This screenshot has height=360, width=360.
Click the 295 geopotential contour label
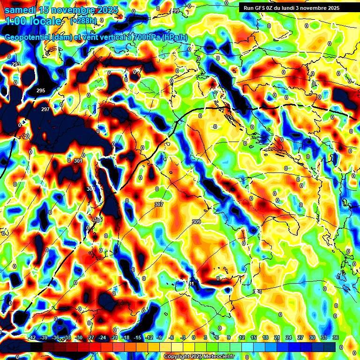41,90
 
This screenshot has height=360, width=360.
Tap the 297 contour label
45,109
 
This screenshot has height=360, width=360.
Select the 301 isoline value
78,161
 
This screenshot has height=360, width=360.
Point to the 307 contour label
158,205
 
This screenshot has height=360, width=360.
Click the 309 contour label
196,222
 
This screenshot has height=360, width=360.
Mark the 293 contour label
16,64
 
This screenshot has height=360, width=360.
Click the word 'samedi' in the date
21,10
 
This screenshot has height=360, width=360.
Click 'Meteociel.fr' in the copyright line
218,357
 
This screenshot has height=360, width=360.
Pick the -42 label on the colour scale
31,338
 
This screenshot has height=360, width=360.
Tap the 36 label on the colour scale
335,338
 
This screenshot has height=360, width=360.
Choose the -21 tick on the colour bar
113,338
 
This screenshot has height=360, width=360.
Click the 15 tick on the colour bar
253,338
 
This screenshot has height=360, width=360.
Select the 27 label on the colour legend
300,338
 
